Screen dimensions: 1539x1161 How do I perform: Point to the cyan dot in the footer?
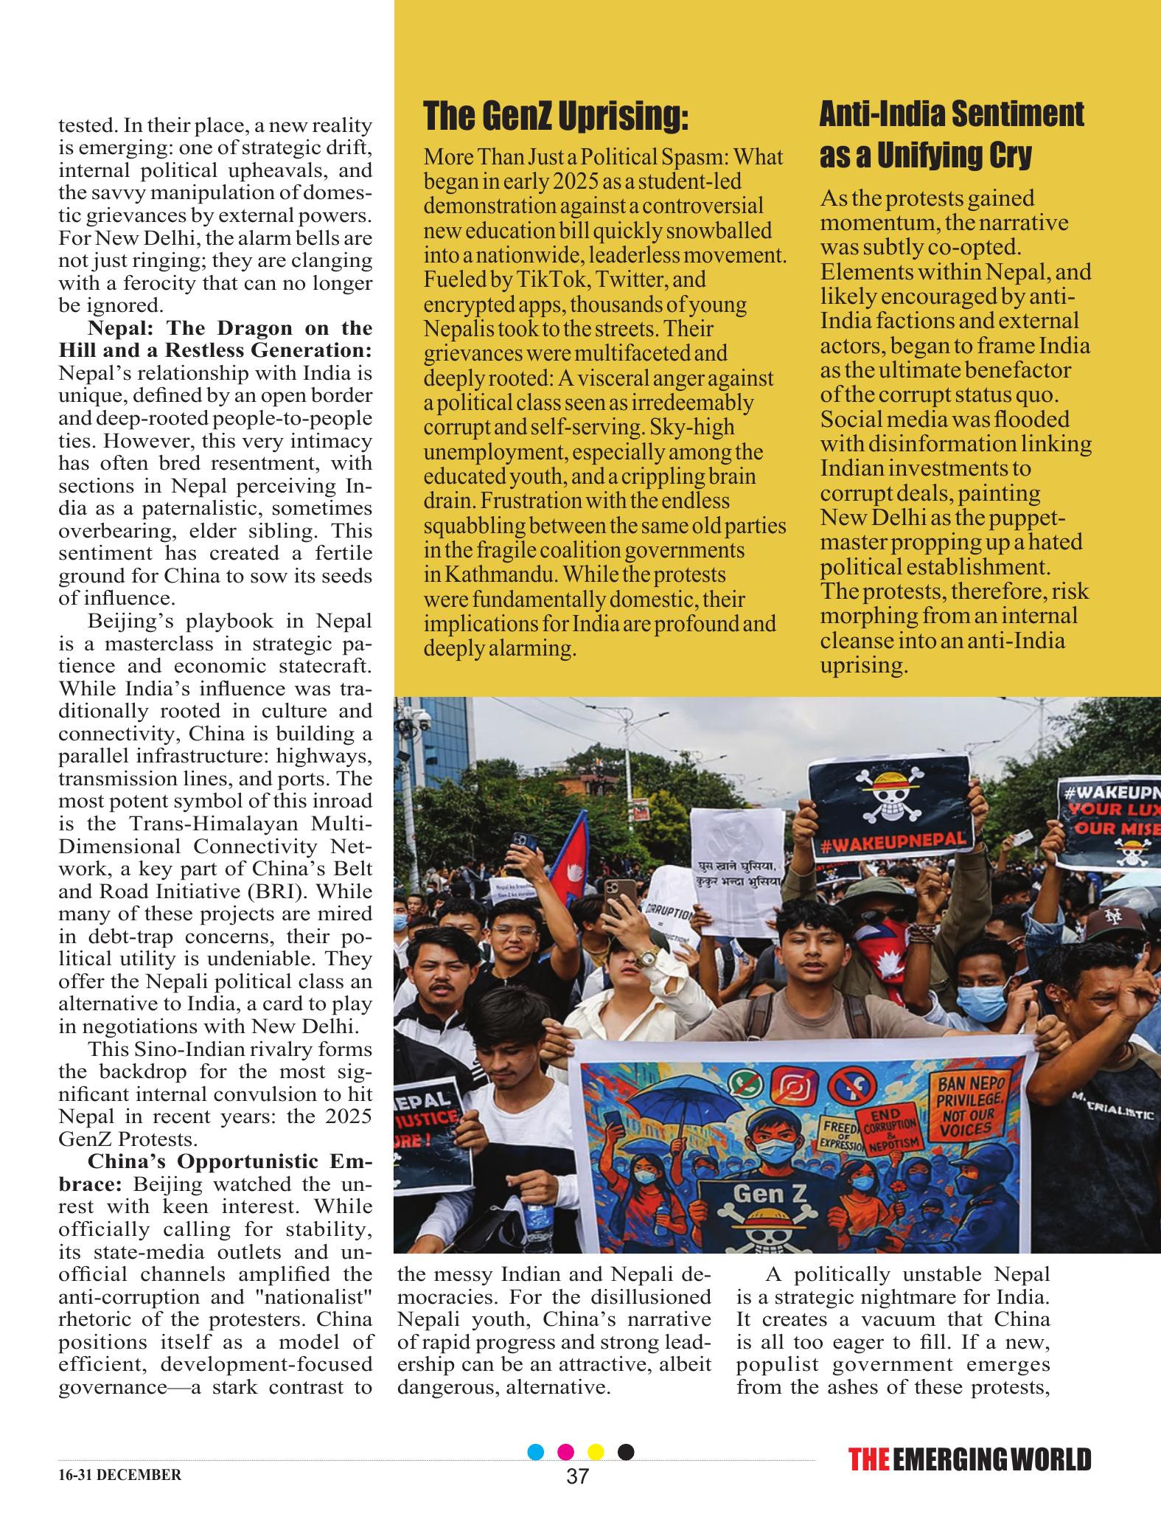pos(537,1473)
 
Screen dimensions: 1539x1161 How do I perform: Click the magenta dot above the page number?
pos(566,1473)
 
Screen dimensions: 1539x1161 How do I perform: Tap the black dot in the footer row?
pos(625,1473)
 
